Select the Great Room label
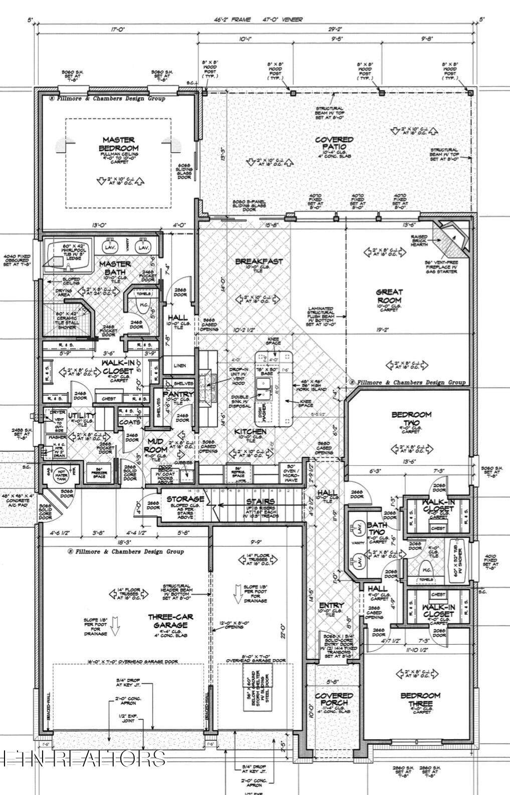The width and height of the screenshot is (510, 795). (390, 296)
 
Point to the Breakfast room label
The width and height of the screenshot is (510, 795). (259, 261)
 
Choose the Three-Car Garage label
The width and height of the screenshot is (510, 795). (171, 621)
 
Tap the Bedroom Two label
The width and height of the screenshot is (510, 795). (411, 419)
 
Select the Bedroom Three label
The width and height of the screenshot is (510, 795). (420, 699)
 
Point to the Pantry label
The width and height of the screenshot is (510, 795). (175, 395)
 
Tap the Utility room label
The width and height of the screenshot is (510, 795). (82, 416)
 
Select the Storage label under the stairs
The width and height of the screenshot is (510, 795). (186, 499)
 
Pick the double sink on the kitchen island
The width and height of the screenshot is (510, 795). (264, 386)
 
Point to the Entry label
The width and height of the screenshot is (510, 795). (331, 606)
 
